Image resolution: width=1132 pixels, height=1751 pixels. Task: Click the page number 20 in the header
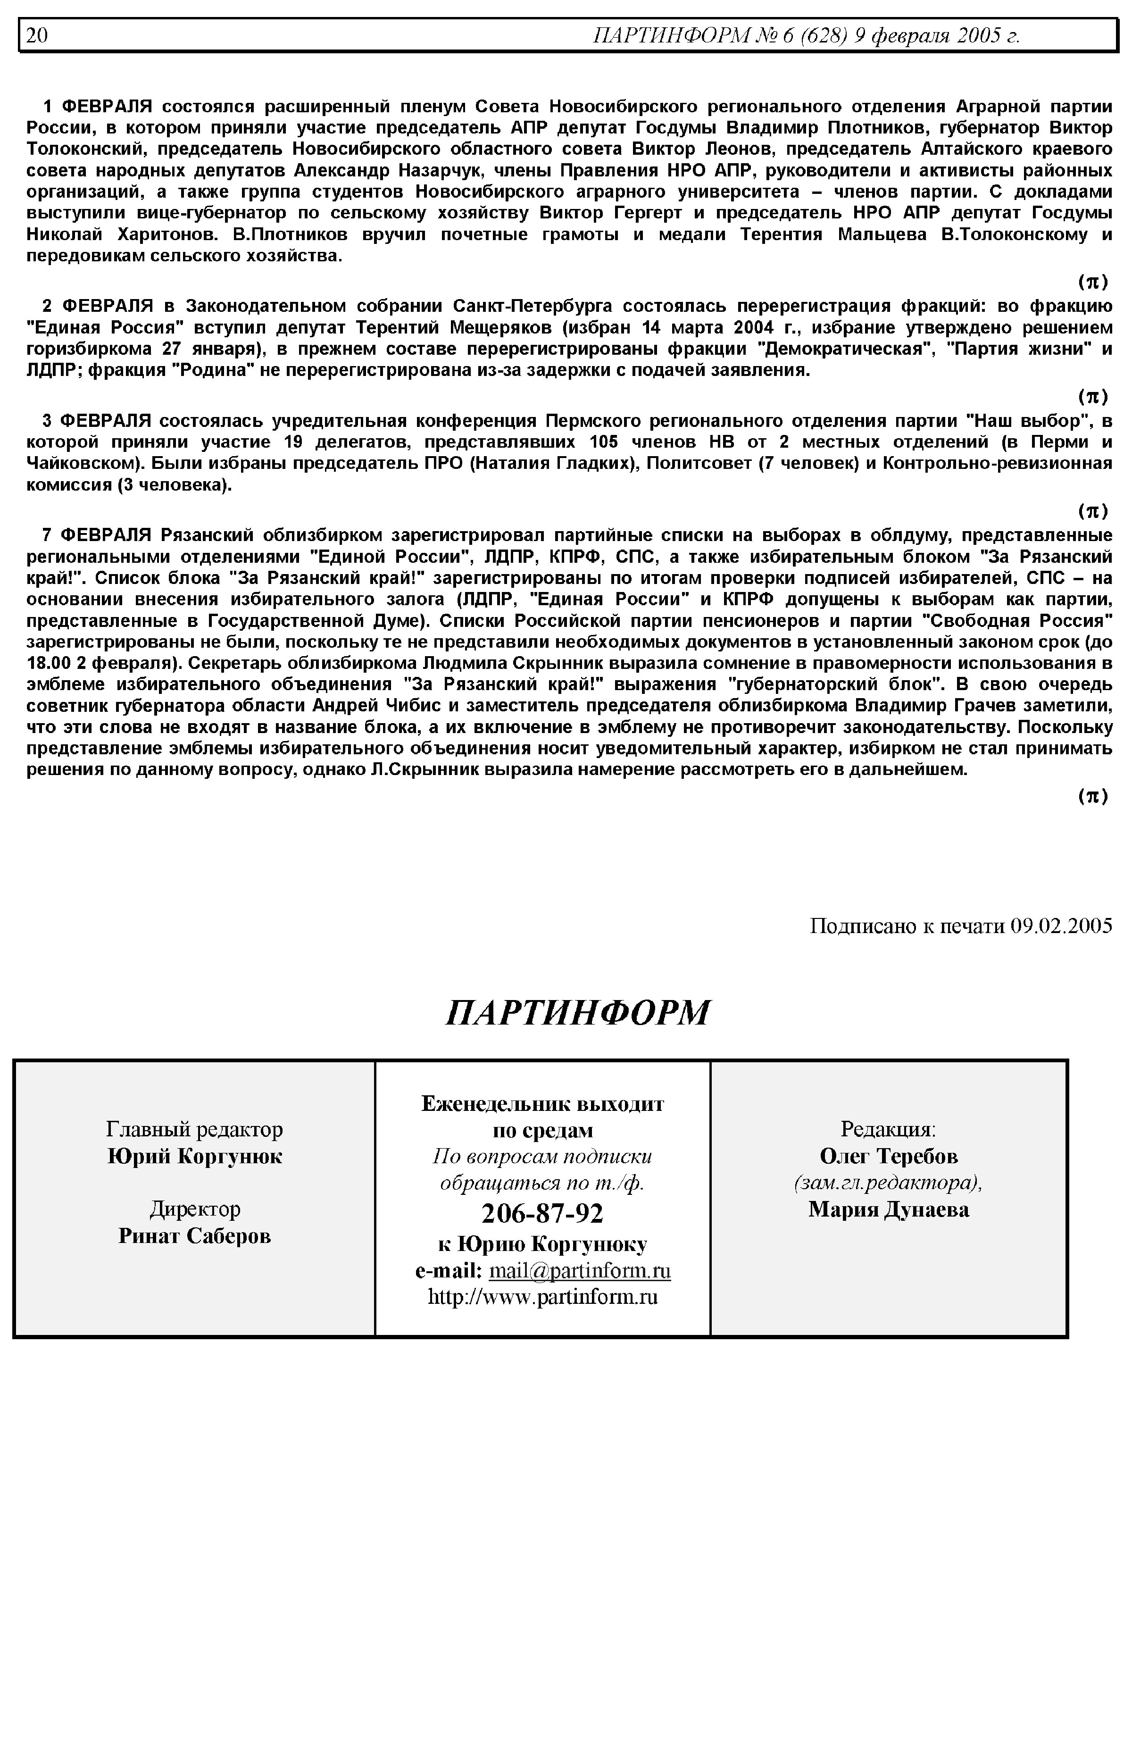tap(37, 35)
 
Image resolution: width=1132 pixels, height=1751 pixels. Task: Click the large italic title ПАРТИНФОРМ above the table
tap(578, 1012)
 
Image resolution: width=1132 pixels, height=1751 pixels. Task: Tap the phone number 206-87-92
tap(542, 1213)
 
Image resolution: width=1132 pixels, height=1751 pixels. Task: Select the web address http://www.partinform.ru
tap(542, 1297)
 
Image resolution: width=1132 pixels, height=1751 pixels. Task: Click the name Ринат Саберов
tap(195, 1236)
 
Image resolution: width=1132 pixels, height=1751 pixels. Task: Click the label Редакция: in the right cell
tap(888, 1129)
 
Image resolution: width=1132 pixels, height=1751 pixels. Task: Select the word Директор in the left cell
tap(195, 1209)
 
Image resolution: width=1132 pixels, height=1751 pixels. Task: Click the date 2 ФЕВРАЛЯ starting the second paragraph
tap(97, 306)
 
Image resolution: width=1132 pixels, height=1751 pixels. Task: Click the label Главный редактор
tap(195, 1129)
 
